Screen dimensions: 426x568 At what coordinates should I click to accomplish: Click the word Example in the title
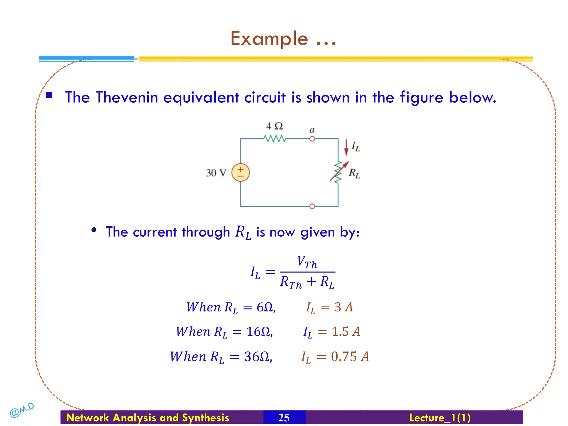[269, 39]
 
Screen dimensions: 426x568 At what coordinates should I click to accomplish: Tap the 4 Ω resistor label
[274, 126]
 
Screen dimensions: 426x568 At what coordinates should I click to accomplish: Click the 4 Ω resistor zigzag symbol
[274, 138]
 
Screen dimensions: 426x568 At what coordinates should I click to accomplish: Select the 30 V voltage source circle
[240, 173]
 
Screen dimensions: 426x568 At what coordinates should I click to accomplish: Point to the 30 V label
[216, 173]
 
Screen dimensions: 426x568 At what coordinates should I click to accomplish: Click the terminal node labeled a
[312, 139]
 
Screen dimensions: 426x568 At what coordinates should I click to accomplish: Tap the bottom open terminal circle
[312, 206]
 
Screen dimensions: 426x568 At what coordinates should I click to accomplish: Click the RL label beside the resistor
[354, 173]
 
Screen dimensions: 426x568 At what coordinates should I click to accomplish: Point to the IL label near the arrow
[356, 146]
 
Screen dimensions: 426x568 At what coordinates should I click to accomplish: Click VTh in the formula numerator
[307, 262]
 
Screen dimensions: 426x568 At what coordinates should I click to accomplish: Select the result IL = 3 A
[329, 308]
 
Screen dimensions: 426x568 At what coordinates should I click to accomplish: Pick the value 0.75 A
[350, 357]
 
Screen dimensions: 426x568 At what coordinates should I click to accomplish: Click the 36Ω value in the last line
[257, 357]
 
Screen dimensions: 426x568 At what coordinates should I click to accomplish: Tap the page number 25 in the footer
[284, 418]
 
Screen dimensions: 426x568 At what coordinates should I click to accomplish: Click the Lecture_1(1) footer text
[440, 418]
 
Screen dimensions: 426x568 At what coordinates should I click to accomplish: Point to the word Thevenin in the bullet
[127, 98]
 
